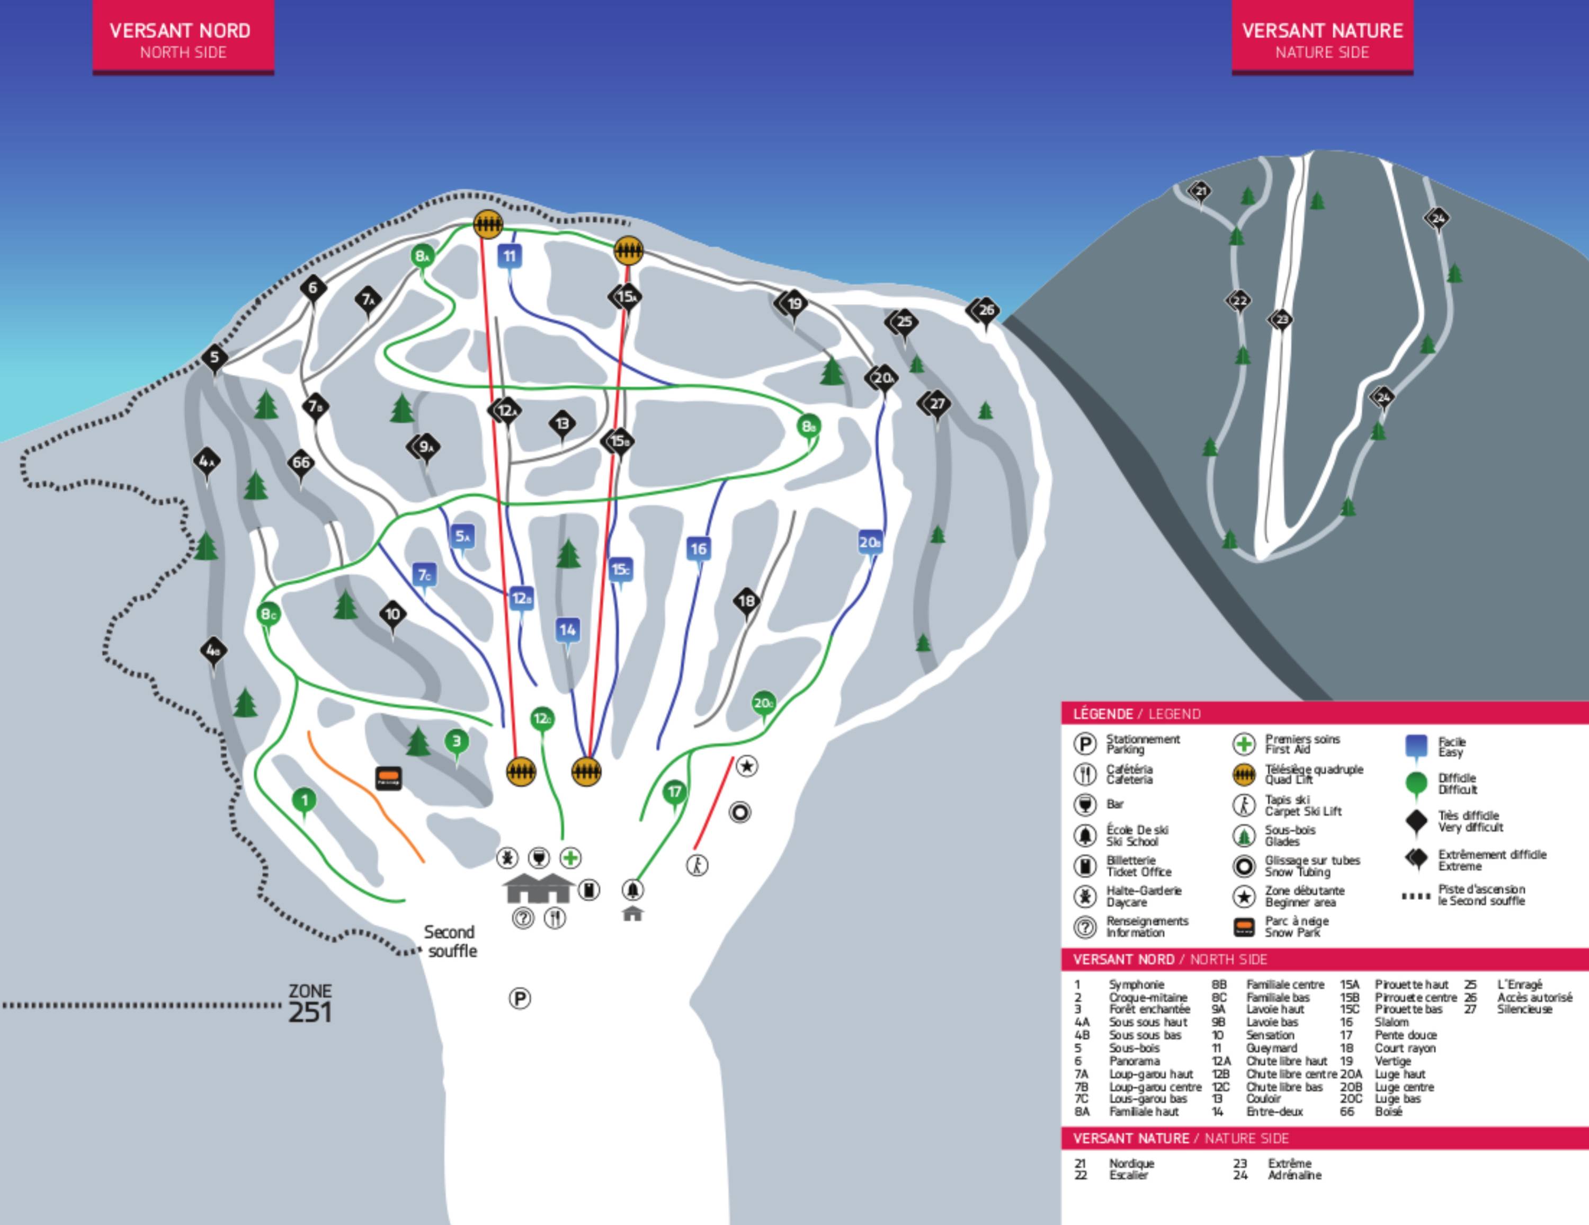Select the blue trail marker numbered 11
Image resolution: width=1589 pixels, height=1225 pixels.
point(510,256)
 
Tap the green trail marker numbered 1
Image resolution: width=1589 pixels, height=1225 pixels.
point(304,801)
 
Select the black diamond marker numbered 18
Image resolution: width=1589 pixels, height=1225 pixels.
point(746,601)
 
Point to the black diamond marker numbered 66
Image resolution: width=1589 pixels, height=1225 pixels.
point(300,462)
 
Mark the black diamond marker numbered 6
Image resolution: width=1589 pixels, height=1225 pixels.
point(313,288)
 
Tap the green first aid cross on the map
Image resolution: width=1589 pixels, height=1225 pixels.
point(570,858)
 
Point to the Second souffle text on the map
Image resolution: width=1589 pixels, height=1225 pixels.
point(450,941)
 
